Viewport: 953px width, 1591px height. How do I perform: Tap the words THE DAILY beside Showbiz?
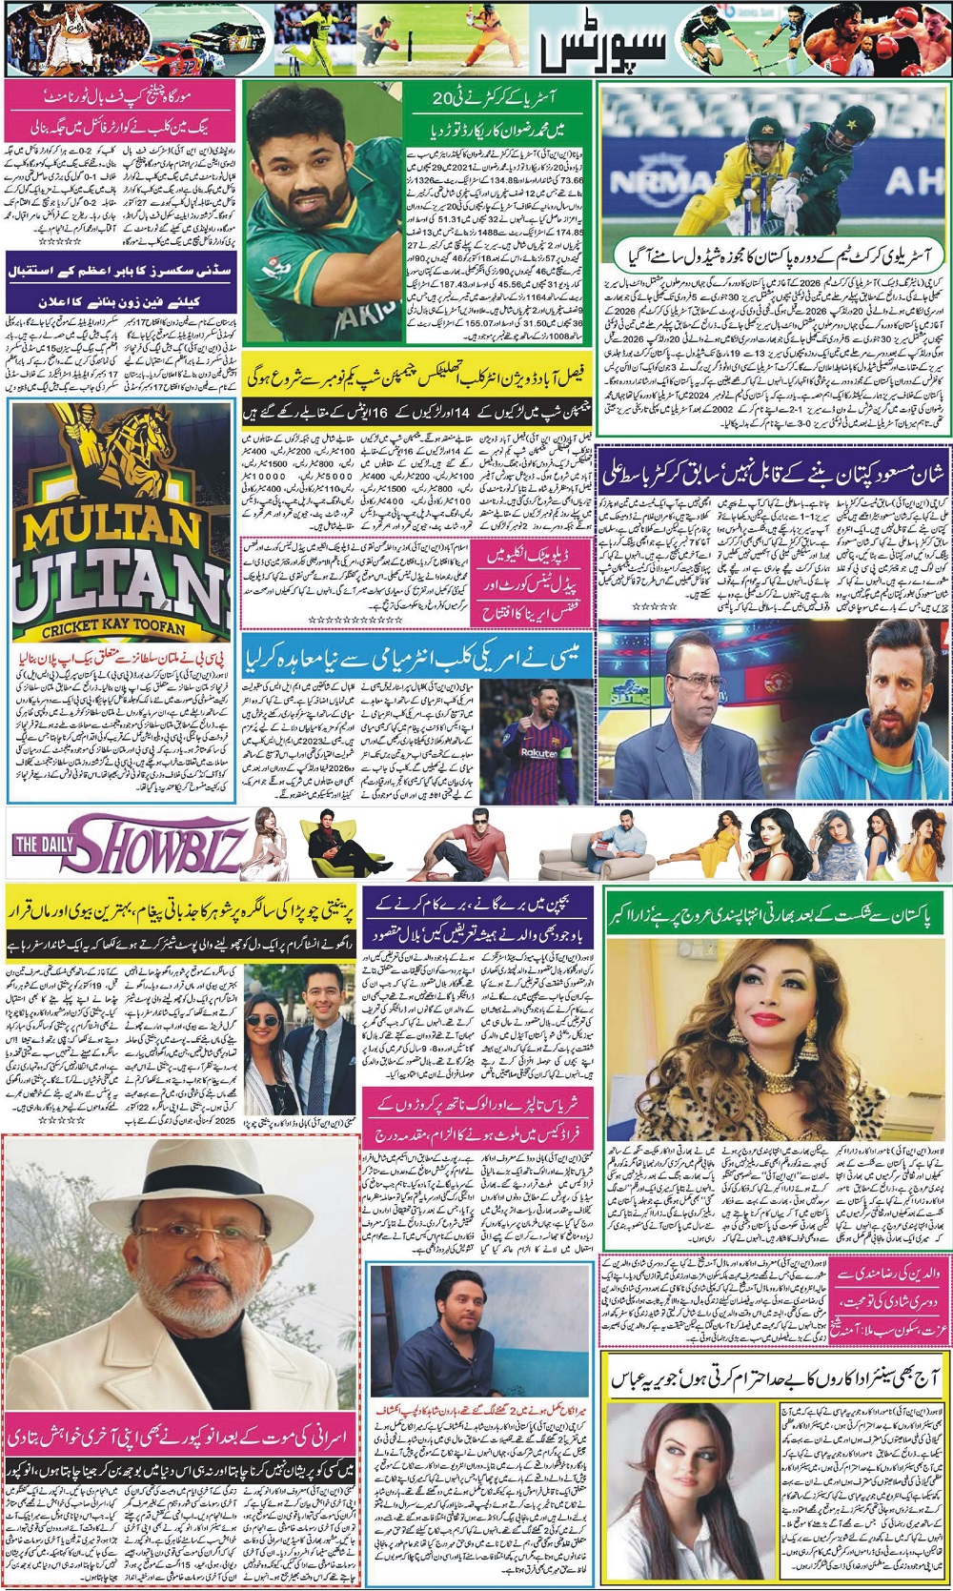click(39, 845)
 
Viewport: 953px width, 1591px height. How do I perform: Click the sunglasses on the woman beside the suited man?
click(264, 1020)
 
